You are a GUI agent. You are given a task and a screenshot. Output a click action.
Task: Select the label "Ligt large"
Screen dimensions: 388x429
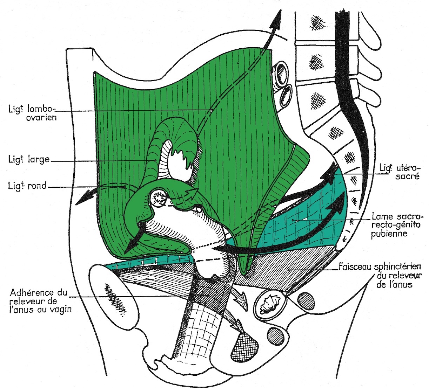(29, 160)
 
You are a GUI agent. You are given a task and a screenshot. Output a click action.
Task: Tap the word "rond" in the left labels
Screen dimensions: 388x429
(38, 186)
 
